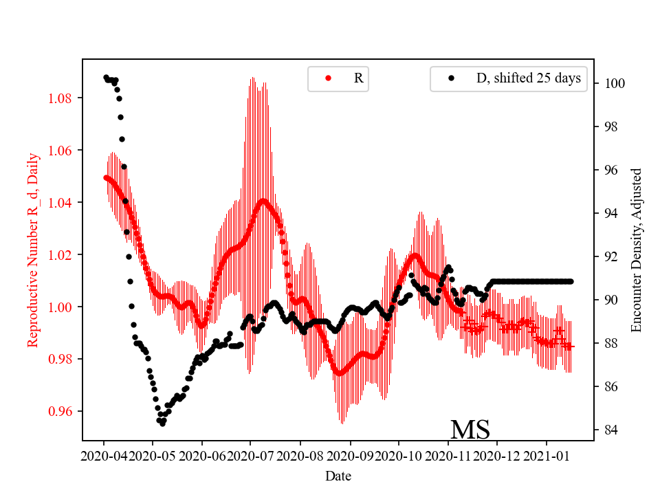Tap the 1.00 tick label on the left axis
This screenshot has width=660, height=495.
[x=61, y=307]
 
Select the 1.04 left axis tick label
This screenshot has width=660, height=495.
[x=61, y=202]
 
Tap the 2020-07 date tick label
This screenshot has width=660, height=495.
[x=250, y=455]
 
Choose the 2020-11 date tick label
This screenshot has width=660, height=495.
[x=448, y=455]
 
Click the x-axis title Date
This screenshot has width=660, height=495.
[x=338, y=475]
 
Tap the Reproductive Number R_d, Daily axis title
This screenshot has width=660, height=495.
[x=32, y=250]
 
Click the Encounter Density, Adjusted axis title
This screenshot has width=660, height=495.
[x=636, y=250]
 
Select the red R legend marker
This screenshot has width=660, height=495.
[x=328, y=78]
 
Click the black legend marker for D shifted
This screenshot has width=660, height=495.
[x=451, y=78]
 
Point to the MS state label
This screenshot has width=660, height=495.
[x=470, y=430]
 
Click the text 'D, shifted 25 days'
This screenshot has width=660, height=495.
[x=529, y=78]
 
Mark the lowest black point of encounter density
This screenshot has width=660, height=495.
[x=162, y=423]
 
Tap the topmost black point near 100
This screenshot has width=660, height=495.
[x=106, y=77]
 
